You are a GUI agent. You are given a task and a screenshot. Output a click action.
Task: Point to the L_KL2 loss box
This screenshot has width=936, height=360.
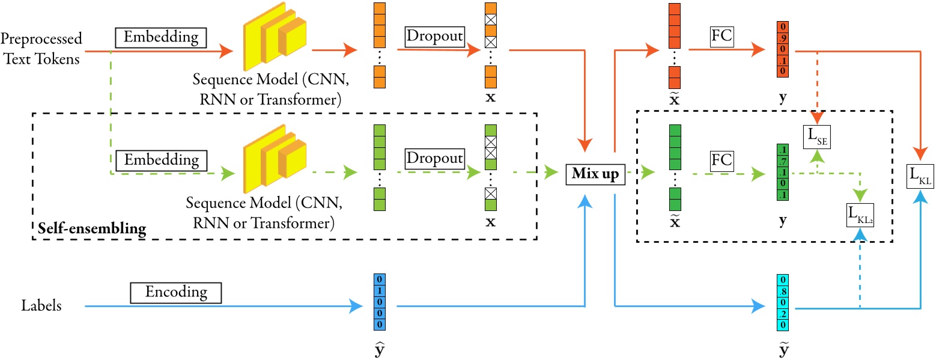point(860,215)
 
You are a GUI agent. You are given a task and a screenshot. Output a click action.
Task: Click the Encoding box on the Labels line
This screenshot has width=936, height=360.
point(175,293)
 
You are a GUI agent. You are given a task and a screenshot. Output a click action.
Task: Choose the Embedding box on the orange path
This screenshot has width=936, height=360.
point(160,38)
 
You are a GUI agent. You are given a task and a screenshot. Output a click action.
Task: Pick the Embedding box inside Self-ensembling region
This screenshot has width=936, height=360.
point(160,160)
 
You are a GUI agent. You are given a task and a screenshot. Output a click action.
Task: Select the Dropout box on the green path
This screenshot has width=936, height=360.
point(435,159)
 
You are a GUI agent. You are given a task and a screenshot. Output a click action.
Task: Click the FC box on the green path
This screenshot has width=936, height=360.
point(720,159)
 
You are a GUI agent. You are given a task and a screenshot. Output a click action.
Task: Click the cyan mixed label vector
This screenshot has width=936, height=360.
point(782,302)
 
